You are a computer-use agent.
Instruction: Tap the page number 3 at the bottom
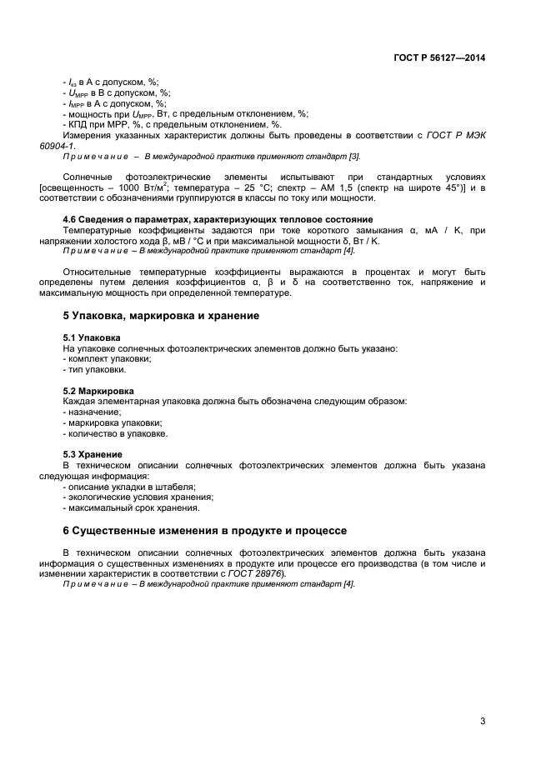click(x=483, y=721)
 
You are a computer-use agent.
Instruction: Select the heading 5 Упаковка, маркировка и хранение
click(x=162, y=316)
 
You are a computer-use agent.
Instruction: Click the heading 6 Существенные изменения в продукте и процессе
click(x=204, y=531)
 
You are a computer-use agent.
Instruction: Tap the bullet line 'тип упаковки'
click(x=95, y=369)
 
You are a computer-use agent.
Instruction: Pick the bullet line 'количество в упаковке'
click(x=116, y=433)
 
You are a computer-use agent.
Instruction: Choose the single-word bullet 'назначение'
click(x=93, y=412)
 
